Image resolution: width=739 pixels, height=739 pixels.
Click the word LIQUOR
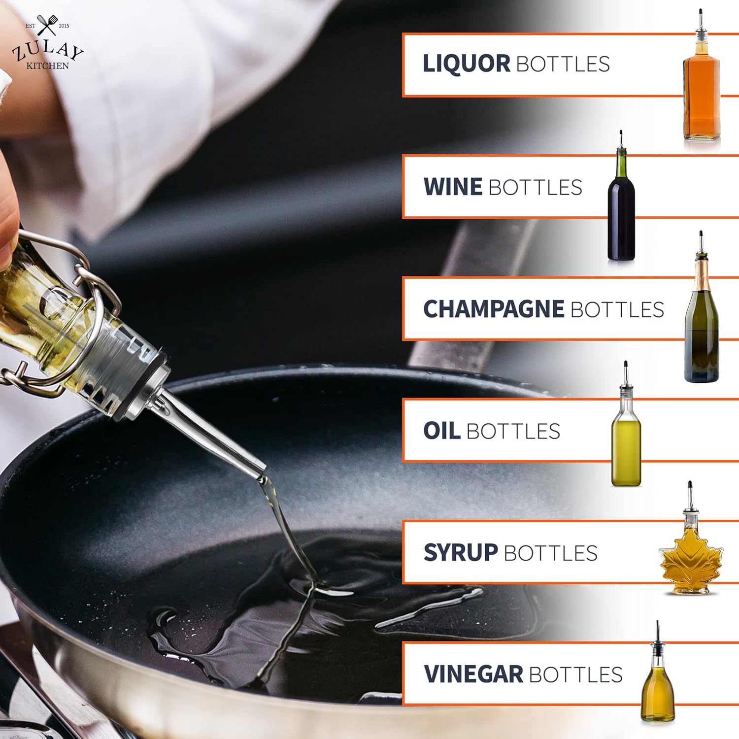(467, 64)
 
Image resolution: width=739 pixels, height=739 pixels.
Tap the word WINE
(453, 187)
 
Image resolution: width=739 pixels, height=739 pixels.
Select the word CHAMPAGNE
(494, 309)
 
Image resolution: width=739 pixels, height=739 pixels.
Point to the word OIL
(442, 431)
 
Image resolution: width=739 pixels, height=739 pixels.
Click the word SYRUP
(461, 553)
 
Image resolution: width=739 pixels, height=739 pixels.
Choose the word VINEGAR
(473, 674)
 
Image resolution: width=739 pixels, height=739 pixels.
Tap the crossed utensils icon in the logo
(47, 25)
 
